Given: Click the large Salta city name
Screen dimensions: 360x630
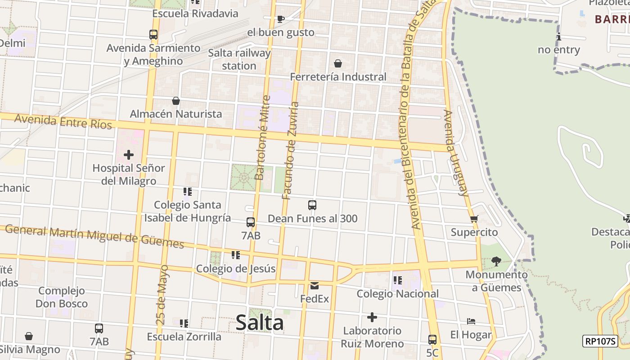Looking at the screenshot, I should (x=260, y=323).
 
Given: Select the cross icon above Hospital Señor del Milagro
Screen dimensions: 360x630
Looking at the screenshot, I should (x=129, y=155).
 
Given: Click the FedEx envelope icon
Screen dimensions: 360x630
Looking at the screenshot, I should (x=314, y=285).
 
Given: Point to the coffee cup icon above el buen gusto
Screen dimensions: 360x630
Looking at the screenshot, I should (x=280, y=19).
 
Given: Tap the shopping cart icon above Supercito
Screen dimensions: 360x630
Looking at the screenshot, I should (x=474, y=219).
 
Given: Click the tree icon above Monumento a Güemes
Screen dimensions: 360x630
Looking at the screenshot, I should (x=496, y=261).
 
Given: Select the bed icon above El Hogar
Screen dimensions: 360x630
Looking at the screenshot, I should (x=471, y=321).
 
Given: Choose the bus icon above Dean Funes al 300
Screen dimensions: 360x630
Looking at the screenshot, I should (x=312, y=205).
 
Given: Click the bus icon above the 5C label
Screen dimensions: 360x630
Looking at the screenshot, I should (x=432, y=339).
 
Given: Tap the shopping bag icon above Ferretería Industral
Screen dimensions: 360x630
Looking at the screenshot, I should (x=337, y=63).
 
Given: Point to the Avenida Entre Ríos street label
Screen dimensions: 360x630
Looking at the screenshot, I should (x=63, y=121).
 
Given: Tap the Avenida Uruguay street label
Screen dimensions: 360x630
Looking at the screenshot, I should (x=455, y=153).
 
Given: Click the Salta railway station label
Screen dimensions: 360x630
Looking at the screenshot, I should (x=239, y=59).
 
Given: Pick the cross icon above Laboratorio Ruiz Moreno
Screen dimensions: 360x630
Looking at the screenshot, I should (x=372, y=317).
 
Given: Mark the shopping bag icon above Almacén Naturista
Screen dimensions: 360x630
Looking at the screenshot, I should (x=176, y=101).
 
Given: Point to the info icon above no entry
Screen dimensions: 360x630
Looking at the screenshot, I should (x=559, y=37).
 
